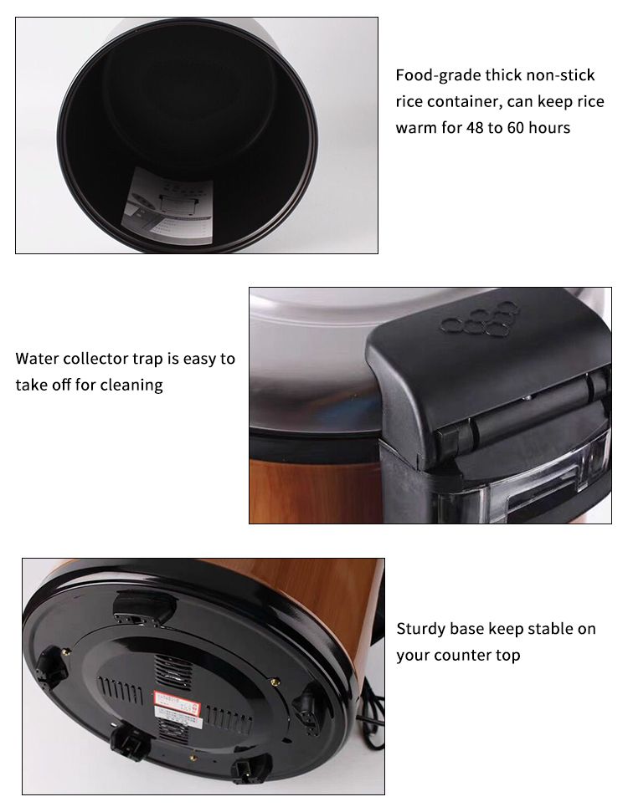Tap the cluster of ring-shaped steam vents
tap(478, 322)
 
